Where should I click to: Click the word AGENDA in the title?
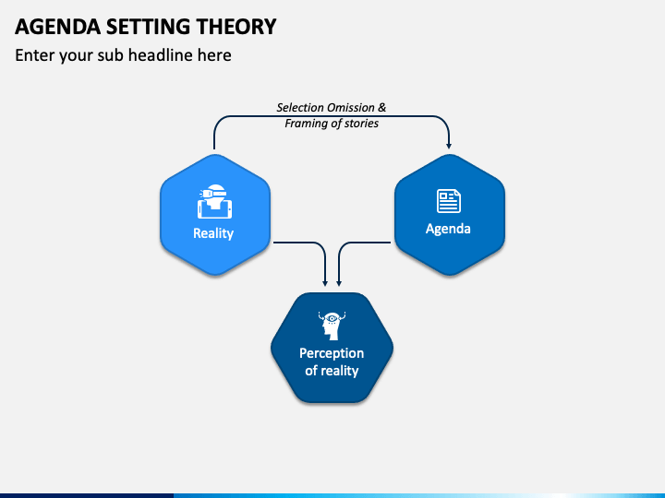tap(57, 27)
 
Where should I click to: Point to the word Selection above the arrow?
tap(298, 108)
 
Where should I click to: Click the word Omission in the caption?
tap(349, 108)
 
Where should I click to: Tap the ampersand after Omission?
tap(382, 108)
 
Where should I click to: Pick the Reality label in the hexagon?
tap(213, 233)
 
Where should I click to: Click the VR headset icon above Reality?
tap(214, 202)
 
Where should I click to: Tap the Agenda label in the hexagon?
tap(448, 229)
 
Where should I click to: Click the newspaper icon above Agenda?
tap(449, 201)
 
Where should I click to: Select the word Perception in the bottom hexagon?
tap(332, 353)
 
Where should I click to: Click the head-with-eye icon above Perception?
tap(332, 326)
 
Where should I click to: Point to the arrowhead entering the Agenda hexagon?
tap(449, 146)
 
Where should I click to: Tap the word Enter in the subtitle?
tap(35, 55)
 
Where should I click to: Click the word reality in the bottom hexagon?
tap(338, 372)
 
